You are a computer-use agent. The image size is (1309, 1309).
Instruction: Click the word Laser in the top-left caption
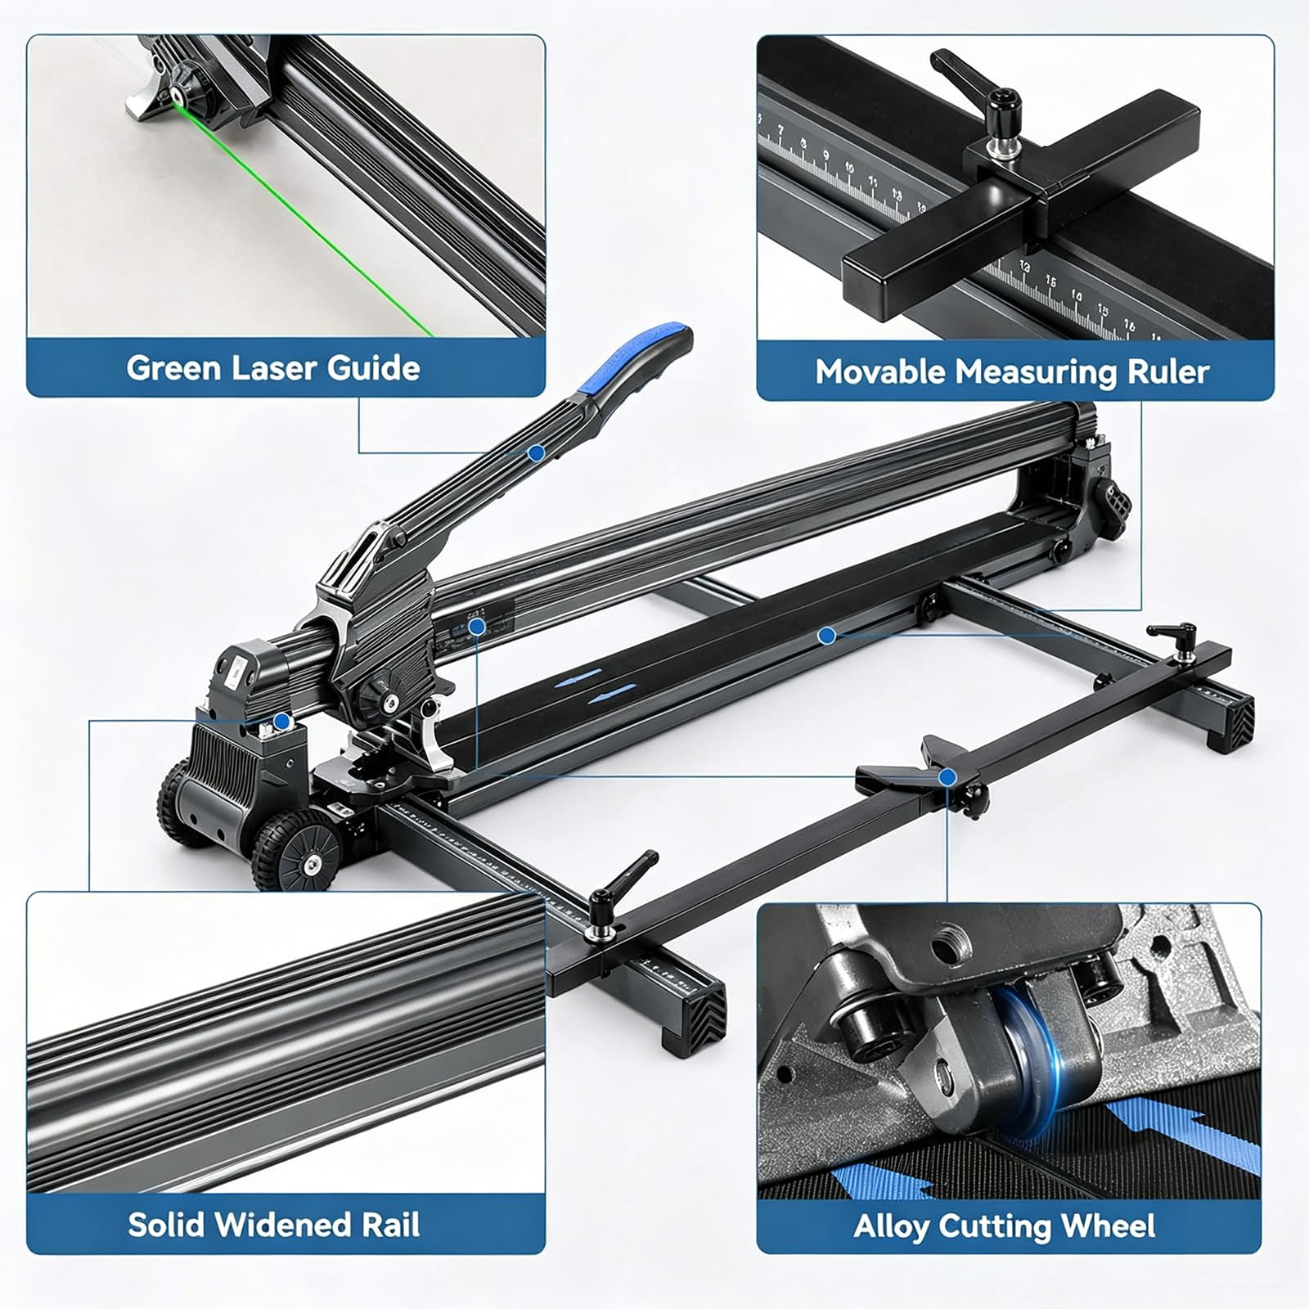point(275,368)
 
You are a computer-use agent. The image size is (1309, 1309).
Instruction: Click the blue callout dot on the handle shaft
point(536,452)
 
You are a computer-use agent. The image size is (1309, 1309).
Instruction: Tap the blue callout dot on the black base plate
point(826,635)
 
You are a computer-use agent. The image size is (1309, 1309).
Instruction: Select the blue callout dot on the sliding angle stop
point(947,777)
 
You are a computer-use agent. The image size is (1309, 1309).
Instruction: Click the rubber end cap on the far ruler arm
point(1231,720)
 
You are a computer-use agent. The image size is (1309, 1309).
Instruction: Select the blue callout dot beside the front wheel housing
point(281,722)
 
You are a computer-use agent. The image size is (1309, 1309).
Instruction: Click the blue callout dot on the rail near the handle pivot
point(477,627)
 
